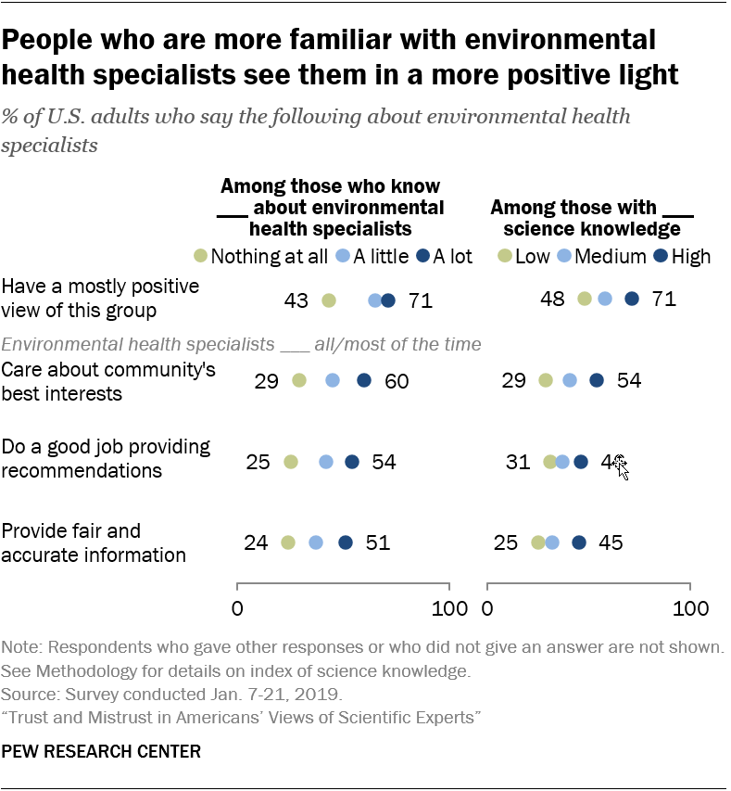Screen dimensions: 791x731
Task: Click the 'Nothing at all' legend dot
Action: (x=200, y=256)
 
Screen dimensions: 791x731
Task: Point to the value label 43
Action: (x=297, y=300)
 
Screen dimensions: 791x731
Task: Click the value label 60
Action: (x=397, y=380)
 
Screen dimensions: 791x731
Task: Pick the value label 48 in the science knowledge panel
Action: (x=552, y=299)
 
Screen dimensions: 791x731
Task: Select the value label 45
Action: (x=611, y=542)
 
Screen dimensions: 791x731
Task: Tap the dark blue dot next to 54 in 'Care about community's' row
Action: (x=597, y=380)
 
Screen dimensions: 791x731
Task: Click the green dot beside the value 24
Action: (x=288, y=542)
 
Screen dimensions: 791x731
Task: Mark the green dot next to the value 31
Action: (x=550, y=462)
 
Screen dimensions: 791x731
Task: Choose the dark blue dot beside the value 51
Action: (x=346, y=542)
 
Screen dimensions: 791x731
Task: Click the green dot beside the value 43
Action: (x=328, y=300)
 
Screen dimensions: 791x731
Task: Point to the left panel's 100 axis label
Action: (x=449, y=609)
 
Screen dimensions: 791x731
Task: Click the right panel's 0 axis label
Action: (x=488, y=609)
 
